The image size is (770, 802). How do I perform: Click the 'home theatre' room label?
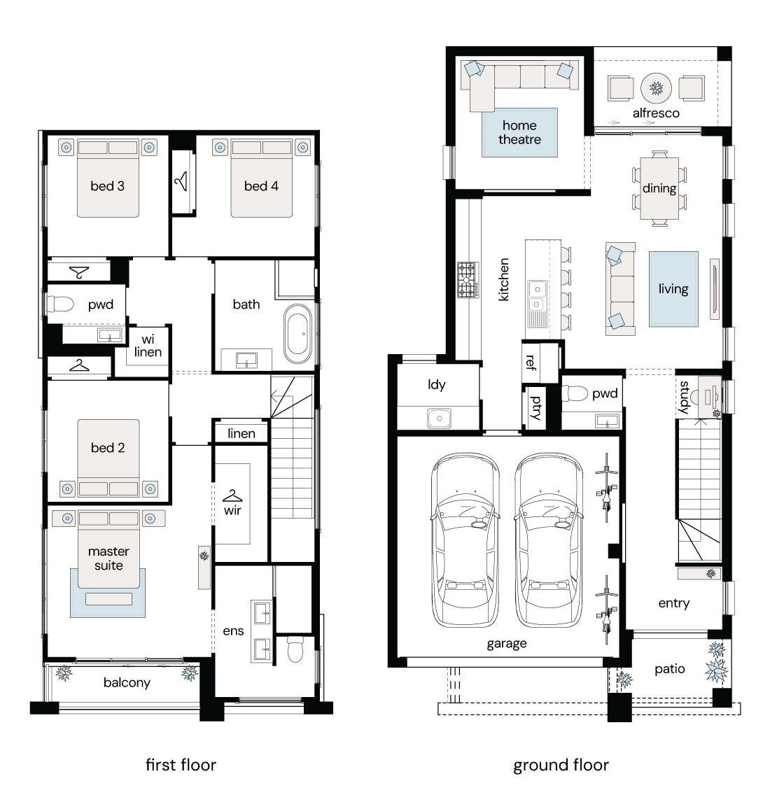coord(519,132)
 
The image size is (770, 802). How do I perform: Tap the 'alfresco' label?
coord(656,113)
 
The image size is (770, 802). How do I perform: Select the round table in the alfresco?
coord(656,88)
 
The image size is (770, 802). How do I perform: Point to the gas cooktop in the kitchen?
coord(468,280)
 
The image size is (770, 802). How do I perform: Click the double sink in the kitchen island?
coord(537,297)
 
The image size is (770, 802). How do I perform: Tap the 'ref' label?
coord(531,362)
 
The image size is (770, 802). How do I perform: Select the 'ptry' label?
coord(535,408)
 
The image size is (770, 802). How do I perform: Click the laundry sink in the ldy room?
coord(439,418)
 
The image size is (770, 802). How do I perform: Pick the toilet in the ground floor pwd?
coord(575,393)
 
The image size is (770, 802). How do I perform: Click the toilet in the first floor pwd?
coord(60,304)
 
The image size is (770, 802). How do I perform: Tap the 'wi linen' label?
coord(148,345)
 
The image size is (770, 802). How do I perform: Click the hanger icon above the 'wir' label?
coord(232,495)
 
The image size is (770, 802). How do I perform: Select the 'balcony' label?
coord(127,683)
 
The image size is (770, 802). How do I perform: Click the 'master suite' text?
coord(108,558)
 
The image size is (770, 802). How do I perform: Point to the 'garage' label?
coord(507,643)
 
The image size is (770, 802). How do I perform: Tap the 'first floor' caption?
coord(181,765)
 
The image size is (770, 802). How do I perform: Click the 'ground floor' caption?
coord(561,765)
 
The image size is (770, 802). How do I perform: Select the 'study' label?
coord(684,397)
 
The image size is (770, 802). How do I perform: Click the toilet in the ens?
coord(295,649)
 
